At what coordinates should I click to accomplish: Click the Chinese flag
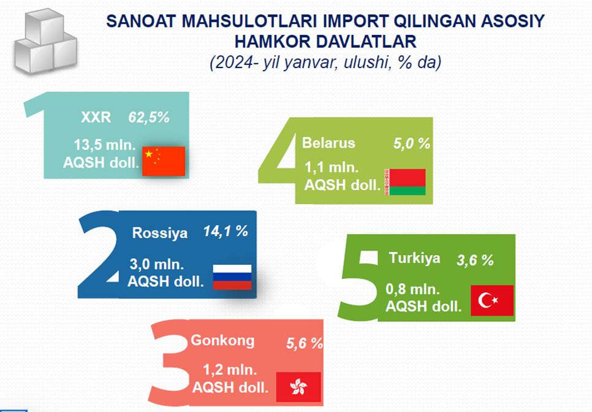(164, 161)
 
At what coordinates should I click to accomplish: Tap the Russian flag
(232, 277)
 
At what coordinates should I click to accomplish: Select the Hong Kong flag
(298, 387)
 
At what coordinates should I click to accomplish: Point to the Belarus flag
(405, 182)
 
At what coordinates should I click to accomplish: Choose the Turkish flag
(492, 300)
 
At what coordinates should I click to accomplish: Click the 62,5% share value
(149, 118)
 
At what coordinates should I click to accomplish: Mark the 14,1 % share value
(226, 231)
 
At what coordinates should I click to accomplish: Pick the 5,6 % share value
(305, 343)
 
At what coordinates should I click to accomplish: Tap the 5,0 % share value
(412, 143)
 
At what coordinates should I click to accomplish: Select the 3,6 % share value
(475, 260)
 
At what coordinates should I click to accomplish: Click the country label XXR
(96, 118)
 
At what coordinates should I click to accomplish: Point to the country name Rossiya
(160, 233)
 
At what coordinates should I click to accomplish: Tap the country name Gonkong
(222, 341)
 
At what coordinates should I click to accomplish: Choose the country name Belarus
(328, 143)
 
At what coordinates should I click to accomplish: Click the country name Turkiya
(414, 258)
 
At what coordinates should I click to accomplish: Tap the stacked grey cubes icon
(46, 41)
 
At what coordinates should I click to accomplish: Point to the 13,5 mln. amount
(105, 145)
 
